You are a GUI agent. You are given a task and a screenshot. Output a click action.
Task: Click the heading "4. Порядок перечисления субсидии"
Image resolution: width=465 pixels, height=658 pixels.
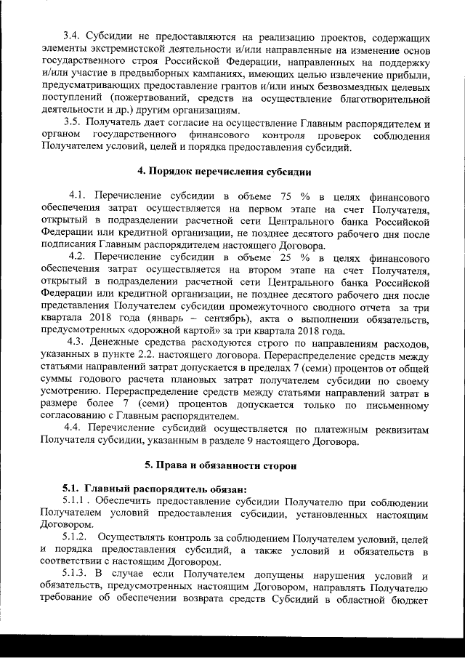[x=225, y=172]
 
